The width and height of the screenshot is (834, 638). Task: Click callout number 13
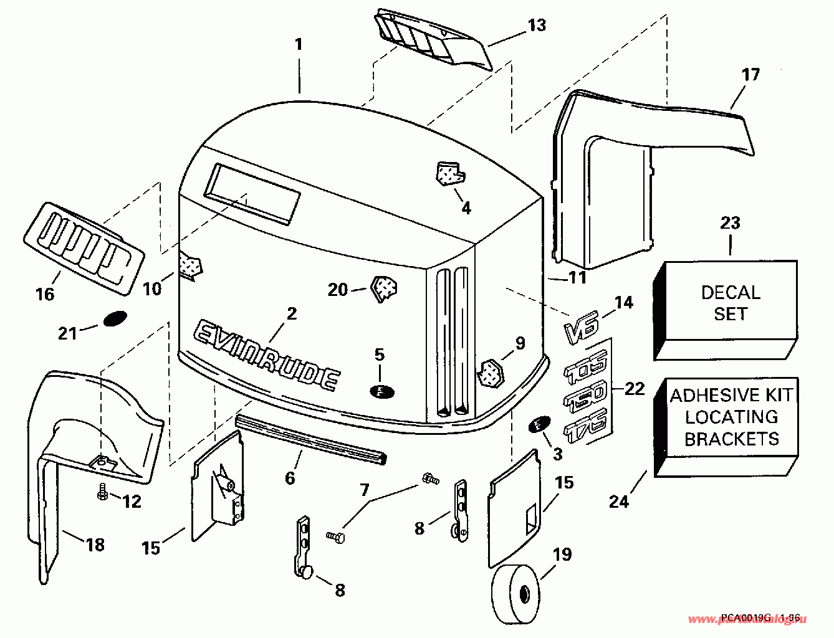pos(536,25)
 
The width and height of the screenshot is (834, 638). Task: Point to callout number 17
pos(751,75)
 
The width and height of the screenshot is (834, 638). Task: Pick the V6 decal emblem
pos(581,328)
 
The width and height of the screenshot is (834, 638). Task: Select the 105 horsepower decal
pos(586,369)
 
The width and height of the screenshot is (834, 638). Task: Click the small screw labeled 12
pos(102,493)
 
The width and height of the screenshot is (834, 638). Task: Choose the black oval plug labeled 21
pos(114,319)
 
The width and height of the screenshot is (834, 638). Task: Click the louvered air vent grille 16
pos(85,247)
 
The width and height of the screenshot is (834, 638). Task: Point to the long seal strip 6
pos(312,439)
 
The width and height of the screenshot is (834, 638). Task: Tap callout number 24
pos(619,501)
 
